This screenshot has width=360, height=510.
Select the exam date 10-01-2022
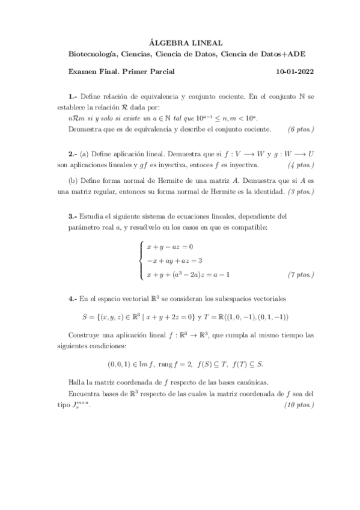[295, 72]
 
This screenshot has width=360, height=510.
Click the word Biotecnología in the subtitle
[93, 55]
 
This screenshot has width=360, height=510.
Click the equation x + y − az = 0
[170, 247]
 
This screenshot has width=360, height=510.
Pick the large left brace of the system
[141, 260]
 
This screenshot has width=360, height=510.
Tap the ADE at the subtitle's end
[299, 55]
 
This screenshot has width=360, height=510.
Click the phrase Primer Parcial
[148, 72]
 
